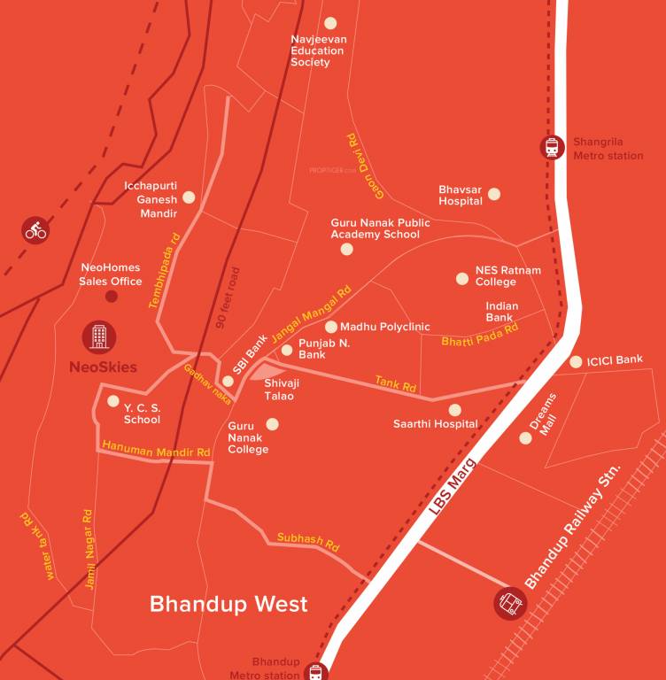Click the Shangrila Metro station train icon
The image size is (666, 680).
pos(553,147)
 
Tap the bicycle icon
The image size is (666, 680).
pos(35,230)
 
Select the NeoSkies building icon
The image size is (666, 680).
pos(99,336)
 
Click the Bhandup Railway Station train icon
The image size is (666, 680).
pos(510,604)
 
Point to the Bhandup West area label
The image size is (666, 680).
pos(228,604)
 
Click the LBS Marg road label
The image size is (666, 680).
pos(453,488)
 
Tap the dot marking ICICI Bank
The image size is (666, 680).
pos(577,361)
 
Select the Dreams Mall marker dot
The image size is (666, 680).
pos(525,437)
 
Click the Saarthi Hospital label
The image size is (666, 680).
pos(436,425)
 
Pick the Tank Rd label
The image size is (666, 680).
pos(395,383)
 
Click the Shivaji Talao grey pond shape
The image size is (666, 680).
pos(267,371)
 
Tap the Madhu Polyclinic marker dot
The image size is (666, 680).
pos(331,327)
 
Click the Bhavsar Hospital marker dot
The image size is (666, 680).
pos(494,194)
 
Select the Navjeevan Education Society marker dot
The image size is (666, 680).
pos(331,23)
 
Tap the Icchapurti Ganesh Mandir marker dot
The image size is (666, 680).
pos(189,197)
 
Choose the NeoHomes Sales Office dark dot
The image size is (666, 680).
pos(112,296)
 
